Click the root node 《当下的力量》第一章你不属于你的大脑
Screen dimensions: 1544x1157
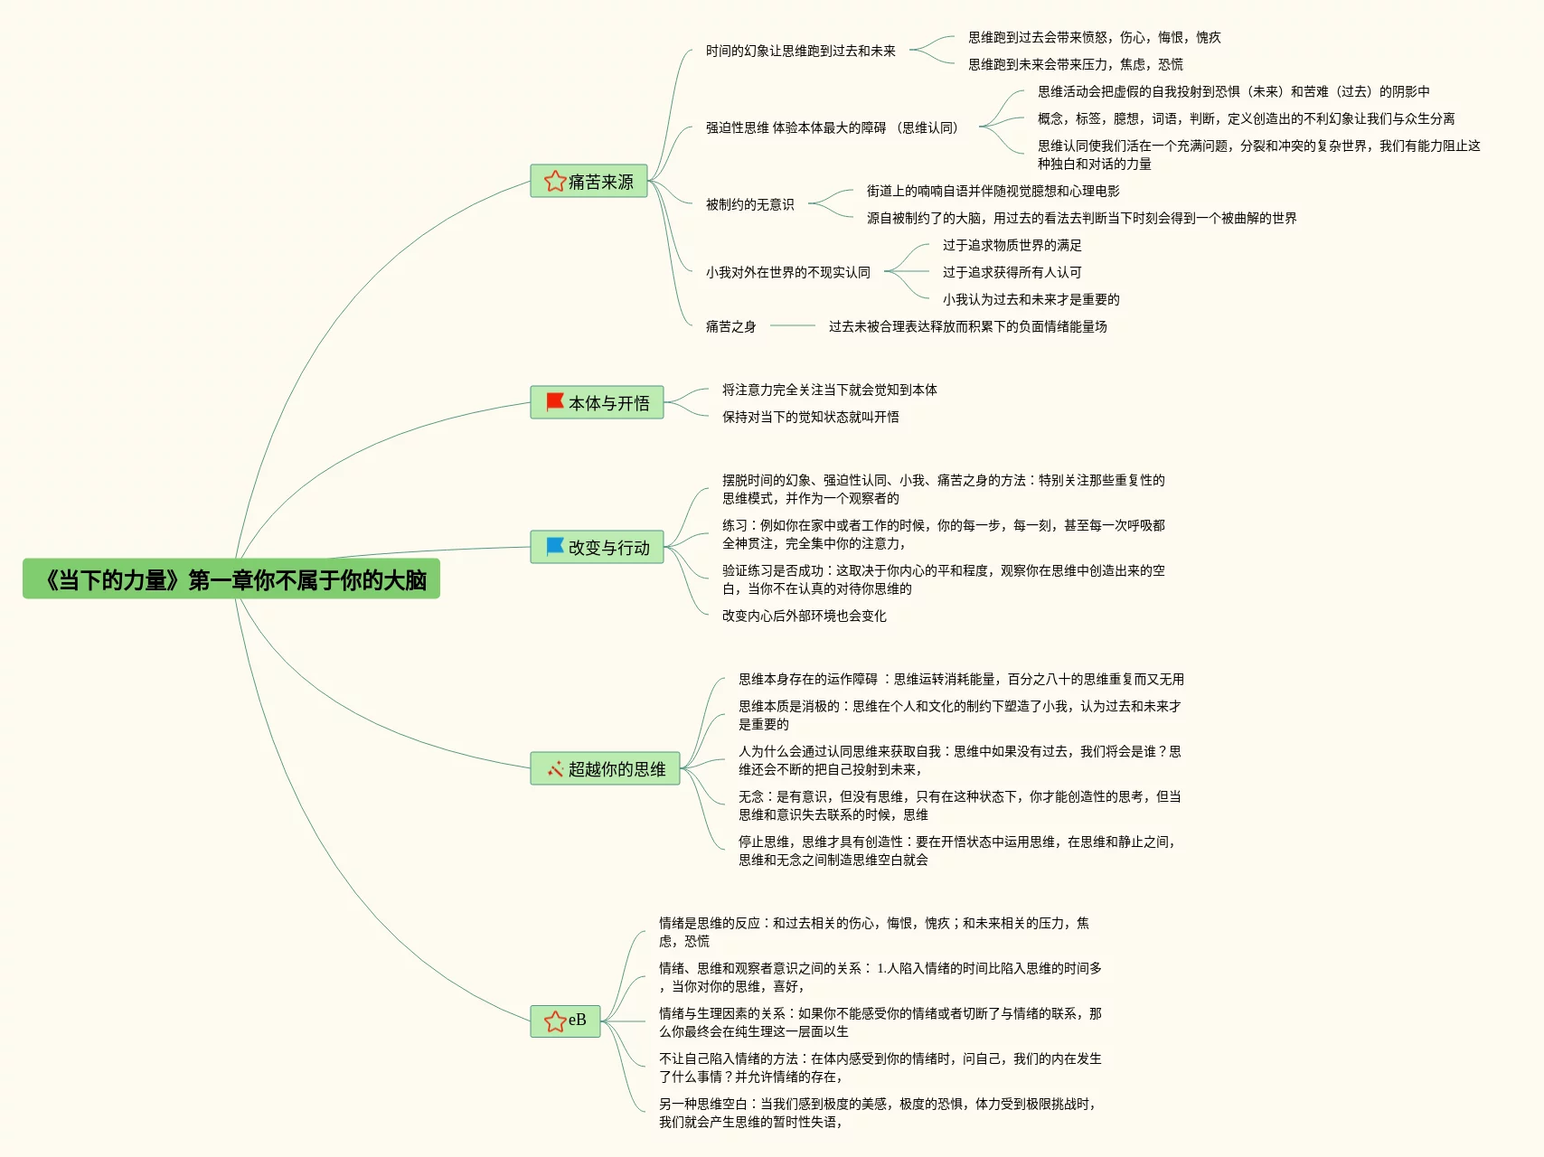(x=231, y=579)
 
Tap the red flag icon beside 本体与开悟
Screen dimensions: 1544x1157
(x=555, y=401)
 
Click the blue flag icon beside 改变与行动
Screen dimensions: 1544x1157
(x=555, y=546)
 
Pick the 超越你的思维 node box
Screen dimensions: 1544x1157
(x=605, y=768)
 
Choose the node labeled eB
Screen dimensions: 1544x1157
(x=566, y=1021)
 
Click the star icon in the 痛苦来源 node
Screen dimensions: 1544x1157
(x=554, y=182)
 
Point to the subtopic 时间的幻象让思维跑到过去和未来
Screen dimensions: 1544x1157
(x=800, y=51)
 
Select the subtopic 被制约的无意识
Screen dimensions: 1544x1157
(x=749, y=204)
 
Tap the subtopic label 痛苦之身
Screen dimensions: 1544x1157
(x=730, y=326)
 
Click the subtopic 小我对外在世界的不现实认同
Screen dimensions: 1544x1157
(x=787, y=272)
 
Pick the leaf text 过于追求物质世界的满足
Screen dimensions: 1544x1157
(x=1012, y=245)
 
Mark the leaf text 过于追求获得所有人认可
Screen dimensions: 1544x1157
(x=1012, y=272)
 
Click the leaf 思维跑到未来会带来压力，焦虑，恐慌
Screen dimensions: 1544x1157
(x=1075, y=64)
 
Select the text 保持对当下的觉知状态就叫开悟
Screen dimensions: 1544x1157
(x=810, y=417)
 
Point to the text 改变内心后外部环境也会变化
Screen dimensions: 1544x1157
(x=804, y=616)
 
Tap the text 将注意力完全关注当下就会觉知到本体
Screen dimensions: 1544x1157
(x=829, y=390)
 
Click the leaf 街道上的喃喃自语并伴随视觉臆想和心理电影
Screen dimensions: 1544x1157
(x=993, y=191)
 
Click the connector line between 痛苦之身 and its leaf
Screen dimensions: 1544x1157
(x=793, y=325)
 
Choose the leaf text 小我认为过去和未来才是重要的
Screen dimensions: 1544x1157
(x=1031, y=299)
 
